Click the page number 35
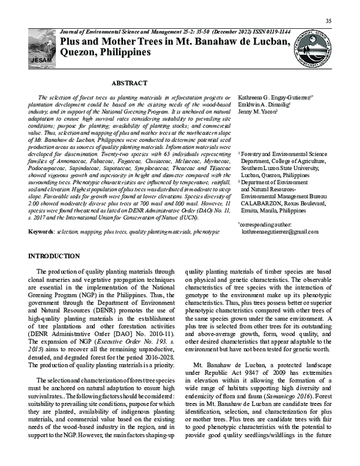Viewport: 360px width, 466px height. coord(328,22)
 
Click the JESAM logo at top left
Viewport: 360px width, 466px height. coord(42,48)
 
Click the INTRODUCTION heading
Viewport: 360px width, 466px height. coord(54,256)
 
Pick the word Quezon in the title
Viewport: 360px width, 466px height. coord(79,52)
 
